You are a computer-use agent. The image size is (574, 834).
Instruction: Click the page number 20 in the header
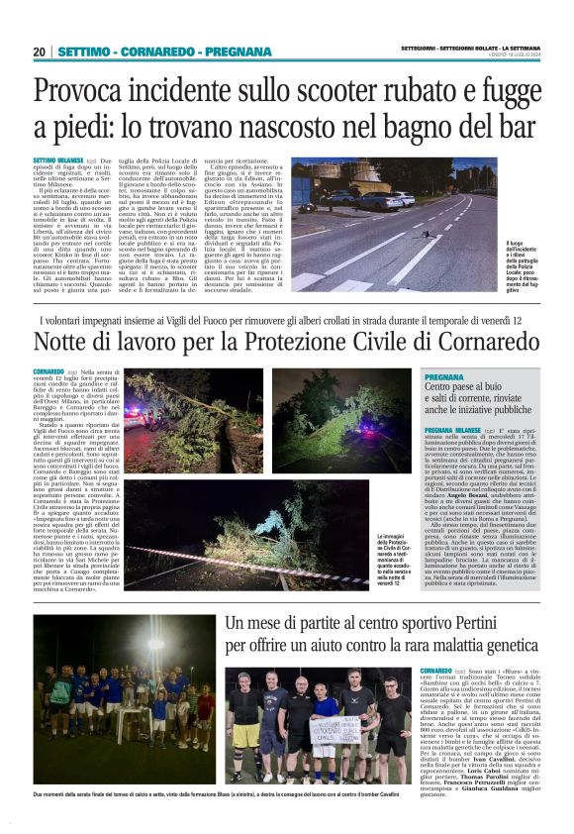(39, 52)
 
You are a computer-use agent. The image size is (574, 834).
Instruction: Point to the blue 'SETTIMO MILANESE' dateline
(57, 160)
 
